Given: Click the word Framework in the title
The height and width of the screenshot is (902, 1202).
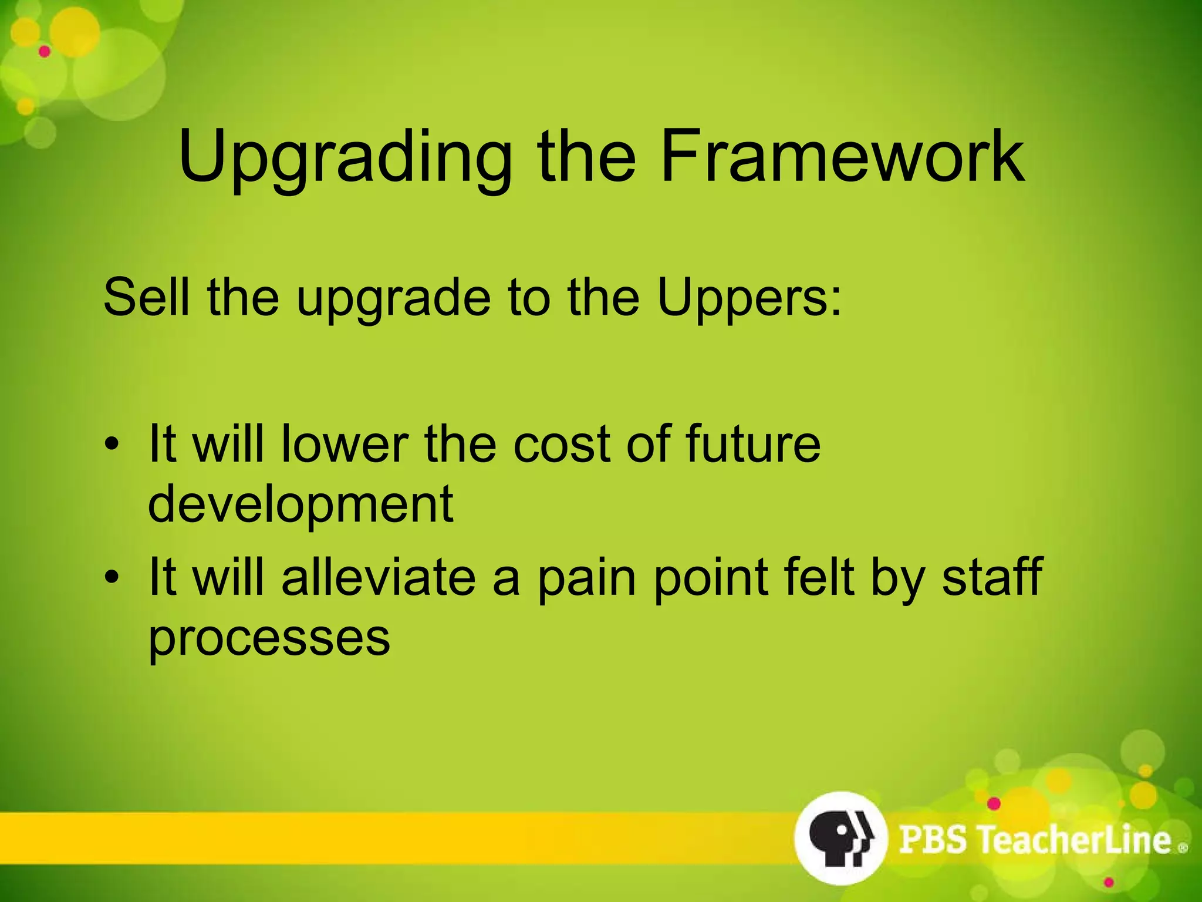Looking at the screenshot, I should [842, 157].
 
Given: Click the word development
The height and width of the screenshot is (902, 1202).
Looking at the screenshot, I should [300, 504].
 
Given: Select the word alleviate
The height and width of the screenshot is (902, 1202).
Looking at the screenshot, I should [379, 577].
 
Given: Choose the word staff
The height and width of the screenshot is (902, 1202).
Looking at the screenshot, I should [992, 577].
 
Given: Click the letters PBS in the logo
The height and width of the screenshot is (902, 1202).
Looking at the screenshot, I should [933, 839].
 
